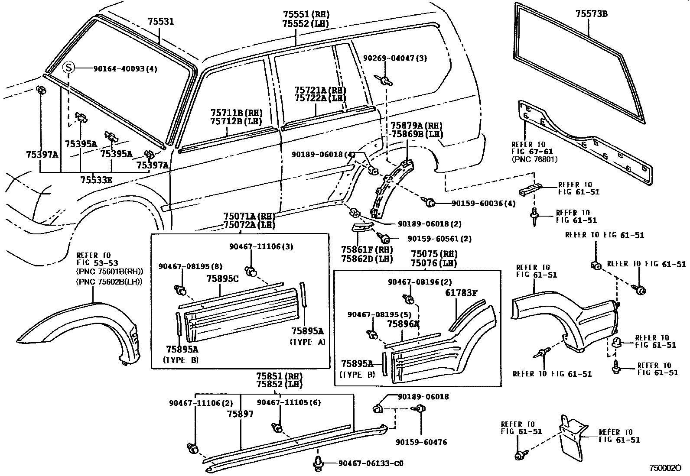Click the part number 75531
coord(160,21)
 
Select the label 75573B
coord(591,14)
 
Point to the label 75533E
coord(96,179)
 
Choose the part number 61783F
coord(461,293)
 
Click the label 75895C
coord(223,278)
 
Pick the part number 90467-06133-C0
coord(371,463)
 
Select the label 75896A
coord(403,324)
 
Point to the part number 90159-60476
coord(421,442)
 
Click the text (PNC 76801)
coord(534,159)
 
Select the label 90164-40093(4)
coord(124,68)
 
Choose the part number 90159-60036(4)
coord(483,203)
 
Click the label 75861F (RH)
coord(367,250)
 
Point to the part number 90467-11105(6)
coord(289,402)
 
